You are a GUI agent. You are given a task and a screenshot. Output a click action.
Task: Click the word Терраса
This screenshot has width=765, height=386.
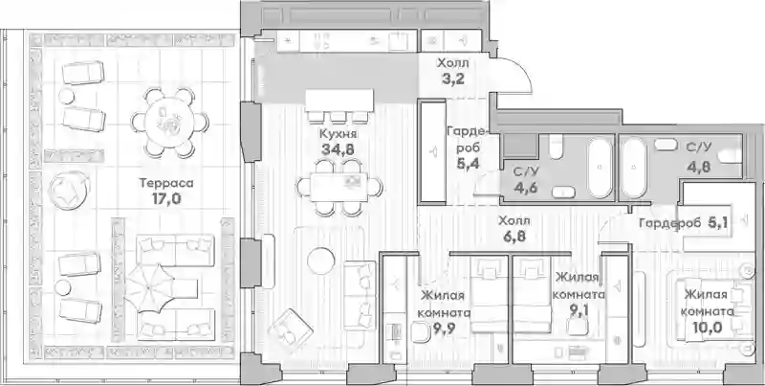[x=166, y=183]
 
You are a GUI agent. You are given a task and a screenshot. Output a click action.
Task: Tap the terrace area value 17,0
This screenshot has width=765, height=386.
[x=166, y=198]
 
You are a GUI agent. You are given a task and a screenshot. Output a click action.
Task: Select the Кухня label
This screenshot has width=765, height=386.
[x=339, y=134]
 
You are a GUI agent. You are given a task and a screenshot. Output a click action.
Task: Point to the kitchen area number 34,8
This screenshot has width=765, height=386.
[x=339, y=149]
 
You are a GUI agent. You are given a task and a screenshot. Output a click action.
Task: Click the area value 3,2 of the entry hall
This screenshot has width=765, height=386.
[x=452, y=79]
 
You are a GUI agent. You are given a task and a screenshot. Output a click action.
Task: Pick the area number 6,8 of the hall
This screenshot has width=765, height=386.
[x=514, y=237]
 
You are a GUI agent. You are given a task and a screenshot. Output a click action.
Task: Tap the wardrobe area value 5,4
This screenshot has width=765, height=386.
[x=468, y=163]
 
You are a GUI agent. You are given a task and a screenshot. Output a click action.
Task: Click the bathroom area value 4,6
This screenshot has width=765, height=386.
[x=525, y=187]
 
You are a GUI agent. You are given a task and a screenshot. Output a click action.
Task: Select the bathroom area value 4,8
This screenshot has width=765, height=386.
[x=698, y=166]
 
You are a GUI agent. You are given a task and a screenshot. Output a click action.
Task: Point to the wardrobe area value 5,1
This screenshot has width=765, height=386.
[x=719, y=223]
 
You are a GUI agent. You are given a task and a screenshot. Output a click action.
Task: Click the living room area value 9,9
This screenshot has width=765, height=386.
[x=443, y=329]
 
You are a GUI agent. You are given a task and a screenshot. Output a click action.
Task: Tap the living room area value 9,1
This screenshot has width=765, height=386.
[x=579, y=310]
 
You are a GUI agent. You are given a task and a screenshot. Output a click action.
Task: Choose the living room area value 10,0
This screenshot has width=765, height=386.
[x=707, y=327]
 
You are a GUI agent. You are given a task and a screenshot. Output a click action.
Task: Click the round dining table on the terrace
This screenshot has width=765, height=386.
[x=170, y=123]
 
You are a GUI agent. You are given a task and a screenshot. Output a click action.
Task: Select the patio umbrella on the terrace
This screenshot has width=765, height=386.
[x=149, y=288]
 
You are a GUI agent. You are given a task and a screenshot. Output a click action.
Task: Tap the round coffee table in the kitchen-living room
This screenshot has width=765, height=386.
[x=321, y=261]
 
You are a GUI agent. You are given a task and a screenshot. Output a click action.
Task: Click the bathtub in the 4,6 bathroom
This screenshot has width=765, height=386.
[x=600, y=168]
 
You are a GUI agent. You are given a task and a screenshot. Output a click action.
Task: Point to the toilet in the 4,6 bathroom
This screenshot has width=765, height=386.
[x=557, y=147]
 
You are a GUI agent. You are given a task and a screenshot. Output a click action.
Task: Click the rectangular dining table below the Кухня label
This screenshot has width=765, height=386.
[x=339, y=188]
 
